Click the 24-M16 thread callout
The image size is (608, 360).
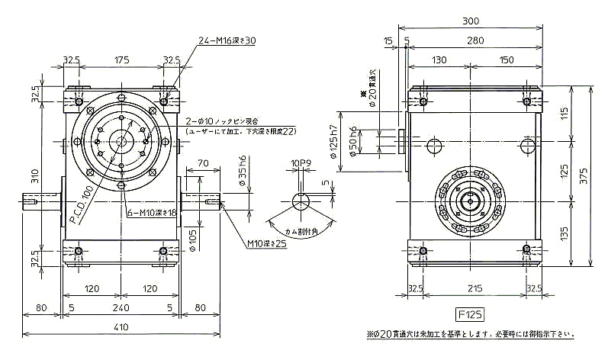[227, 40]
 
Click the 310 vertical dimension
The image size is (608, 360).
[34, 175]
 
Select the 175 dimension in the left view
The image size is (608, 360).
[121, 59]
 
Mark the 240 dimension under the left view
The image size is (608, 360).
[121, 308]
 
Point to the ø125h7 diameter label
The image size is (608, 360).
[333, 141]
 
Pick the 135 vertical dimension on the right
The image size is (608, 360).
[565, 227]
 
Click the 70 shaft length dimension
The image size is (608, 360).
[202, 162]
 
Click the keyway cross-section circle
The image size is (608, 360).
[300, 201]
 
